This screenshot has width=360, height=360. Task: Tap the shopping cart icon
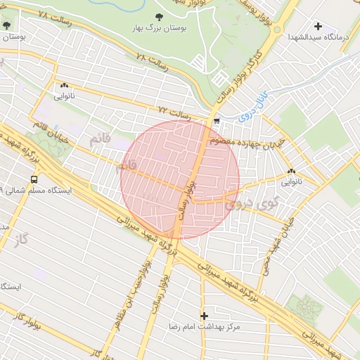[217, 121]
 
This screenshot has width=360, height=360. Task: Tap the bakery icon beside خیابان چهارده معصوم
[291, 171]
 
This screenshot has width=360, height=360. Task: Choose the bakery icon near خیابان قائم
[64, 85]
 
